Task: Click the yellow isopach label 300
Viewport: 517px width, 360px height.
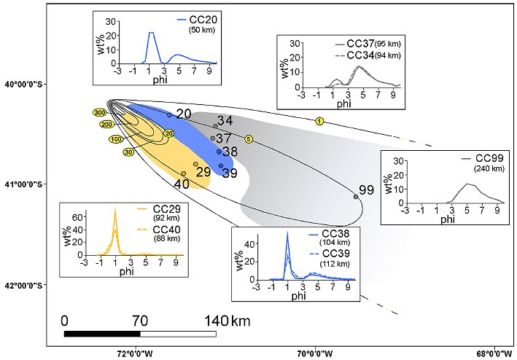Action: point(100,113)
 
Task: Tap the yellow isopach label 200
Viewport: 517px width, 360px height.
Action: point(107,125)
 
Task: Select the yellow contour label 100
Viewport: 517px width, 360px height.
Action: point(116,139)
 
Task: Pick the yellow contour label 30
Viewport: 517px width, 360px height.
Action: point(128,152)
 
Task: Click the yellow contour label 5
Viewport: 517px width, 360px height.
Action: point(249,139)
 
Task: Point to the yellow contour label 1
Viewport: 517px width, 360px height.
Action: point(319,121)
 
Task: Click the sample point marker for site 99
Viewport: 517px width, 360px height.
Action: point(356,197)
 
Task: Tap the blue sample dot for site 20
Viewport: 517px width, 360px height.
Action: point(169,115)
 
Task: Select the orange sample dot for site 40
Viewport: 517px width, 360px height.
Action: point(183,173)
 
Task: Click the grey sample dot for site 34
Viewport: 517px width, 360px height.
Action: point(215,126)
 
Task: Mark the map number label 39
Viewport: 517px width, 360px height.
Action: point(230,173)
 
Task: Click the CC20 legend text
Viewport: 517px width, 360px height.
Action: point(203,20)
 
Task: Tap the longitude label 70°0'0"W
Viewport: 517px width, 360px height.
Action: point(315,354)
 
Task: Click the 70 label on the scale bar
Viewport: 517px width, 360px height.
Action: point(140,321)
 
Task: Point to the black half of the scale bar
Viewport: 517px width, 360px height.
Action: point(102,334)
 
